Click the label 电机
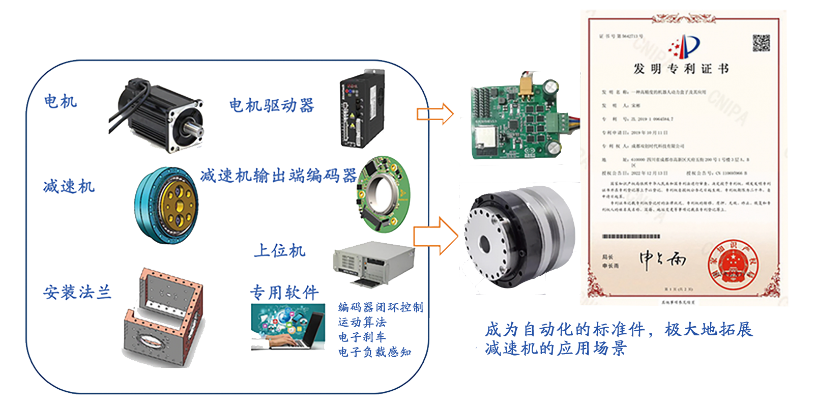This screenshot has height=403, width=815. pos(60,101)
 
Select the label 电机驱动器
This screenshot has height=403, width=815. pos(271,105)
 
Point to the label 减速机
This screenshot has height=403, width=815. pos(69,186)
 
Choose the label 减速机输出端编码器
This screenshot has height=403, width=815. pos(278,176)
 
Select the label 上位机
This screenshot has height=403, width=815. pos(279,250)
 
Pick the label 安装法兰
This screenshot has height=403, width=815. pos(77,292)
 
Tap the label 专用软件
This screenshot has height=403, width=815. pos(284,292)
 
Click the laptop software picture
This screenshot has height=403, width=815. pos(287,327)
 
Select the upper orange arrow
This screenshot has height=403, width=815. pos(434,113)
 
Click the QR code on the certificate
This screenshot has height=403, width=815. pos(761,43)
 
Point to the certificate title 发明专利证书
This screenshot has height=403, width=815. pos(681,69)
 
